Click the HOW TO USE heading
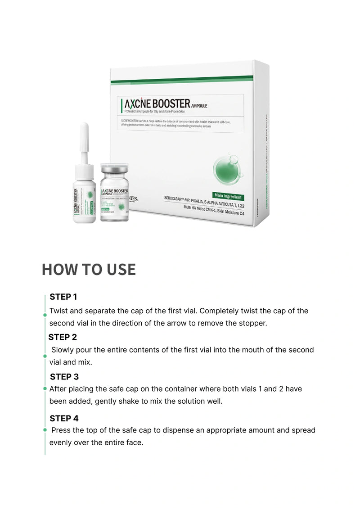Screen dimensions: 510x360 click(89, 269)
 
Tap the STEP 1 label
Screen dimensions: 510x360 click(63, 297)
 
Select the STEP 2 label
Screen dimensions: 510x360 click(63, 337)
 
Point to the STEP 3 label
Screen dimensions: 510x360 click(64, 377)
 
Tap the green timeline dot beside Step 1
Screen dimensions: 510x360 click(45, 315)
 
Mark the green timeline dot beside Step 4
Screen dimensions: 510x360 click(45, 430)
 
